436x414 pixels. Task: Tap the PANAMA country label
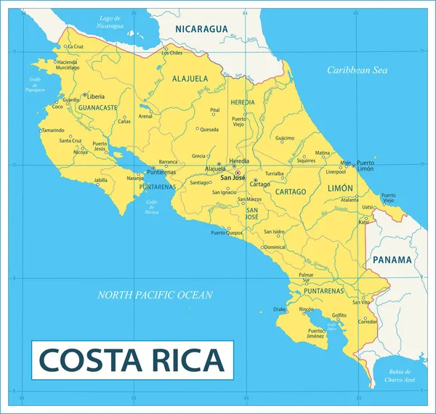tap(392, 259)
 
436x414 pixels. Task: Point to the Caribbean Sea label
tap(357, 70)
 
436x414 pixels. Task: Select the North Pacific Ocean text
tap(156, 295)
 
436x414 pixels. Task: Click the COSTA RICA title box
tap(132, 360)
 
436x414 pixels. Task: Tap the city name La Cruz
tap(76, 46)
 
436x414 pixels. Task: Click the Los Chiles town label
tap(171, 53)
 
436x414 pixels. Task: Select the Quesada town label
tap(209, 130)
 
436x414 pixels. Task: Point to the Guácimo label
tap(285, 138)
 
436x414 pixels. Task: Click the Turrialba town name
tap(274, 174)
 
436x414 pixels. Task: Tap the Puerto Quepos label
tap(226, 232)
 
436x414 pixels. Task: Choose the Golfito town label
tap(339, 314)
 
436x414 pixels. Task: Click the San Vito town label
tap(361, 301)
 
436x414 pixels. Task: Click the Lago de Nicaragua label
tap(110, 22)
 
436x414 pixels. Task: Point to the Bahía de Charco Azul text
tap(400, 375)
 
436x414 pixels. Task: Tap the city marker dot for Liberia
tap(84, 95)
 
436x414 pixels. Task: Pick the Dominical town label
tap(274, 247)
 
